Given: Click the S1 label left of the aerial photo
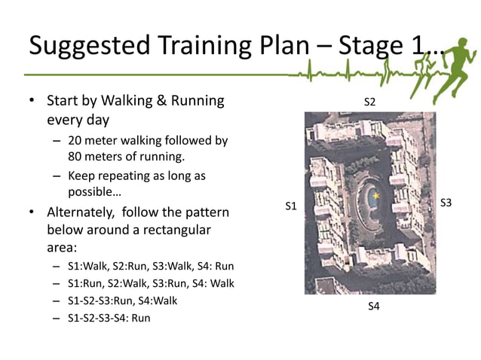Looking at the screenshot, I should [x=291, y=206].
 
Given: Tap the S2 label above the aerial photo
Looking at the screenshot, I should [x=370, y=102].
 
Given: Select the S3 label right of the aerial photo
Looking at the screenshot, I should [x=446, y=203].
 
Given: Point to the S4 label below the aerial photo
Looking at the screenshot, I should [x=373, y=306].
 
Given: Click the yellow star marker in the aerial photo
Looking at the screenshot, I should [x=375, y=196].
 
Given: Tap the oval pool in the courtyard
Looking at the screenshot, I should [x=370, y=200].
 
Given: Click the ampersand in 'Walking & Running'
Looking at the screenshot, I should [x=158, y=101].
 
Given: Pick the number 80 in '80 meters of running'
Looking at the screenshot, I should [x=75, y=157].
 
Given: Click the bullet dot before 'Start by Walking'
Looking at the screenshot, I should [x=32, y=101].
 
